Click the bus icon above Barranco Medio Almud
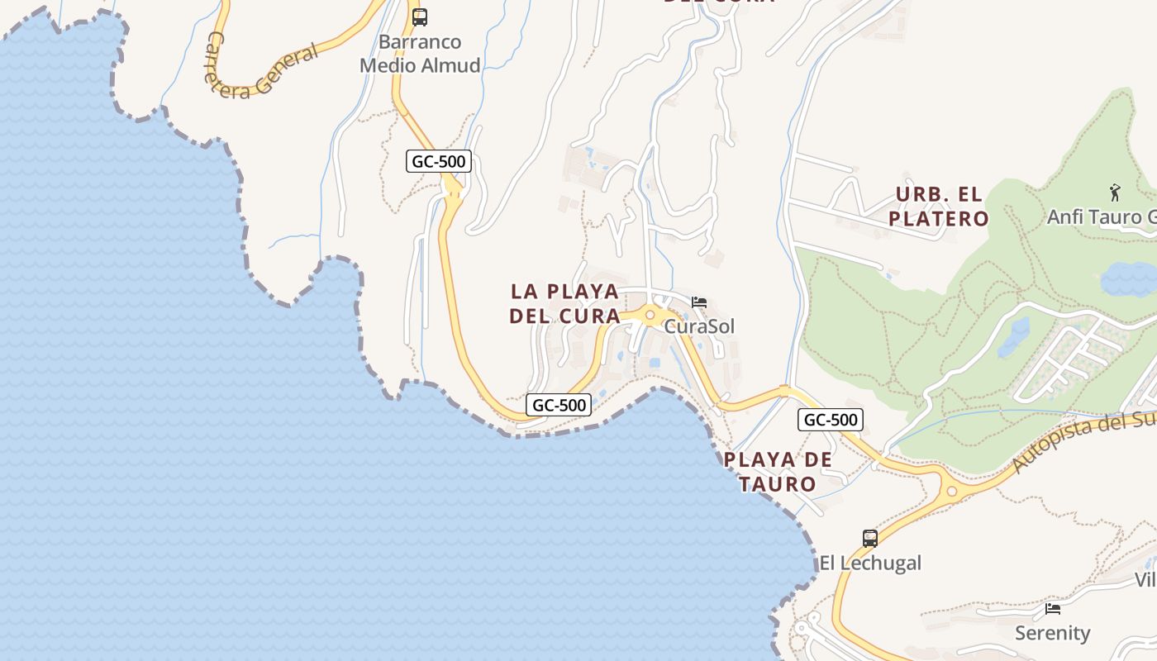[x=420, y=17]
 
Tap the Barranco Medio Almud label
[x=420, y=54]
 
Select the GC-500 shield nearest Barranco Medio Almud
[x=438, y=161]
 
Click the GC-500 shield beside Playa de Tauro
[x=831, y=420]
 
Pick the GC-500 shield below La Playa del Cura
[x=559, y=405]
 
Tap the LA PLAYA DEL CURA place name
[x=565, y=303]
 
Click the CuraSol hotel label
[x=699, y=326]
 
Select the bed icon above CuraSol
[x=699, y=302]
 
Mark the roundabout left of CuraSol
[x=650, y=314]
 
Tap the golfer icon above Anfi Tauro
[x=1115, y=193]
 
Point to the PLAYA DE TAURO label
[x=778, y=472]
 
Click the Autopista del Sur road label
[x=1083, y=444]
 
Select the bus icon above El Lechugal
[x=870, y=539]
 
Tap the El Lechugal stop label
[x=870, y=564]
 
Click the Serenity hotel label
[x=1053, y=634]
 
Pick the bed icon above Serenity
[x=1053, y=609]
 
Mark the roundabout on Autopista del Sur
[x=951, y=491]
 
